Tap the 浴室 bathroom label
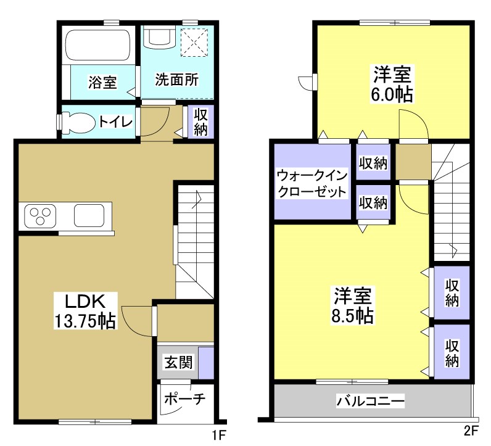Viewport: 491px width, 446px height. coord(102,83)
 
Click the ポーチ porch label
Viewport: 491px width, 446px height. coord(184,398)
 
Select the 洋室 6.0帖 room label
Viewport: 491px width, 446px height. coord(392,85)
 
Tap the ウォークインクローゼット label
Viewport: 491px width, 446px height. coord(312,182)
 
